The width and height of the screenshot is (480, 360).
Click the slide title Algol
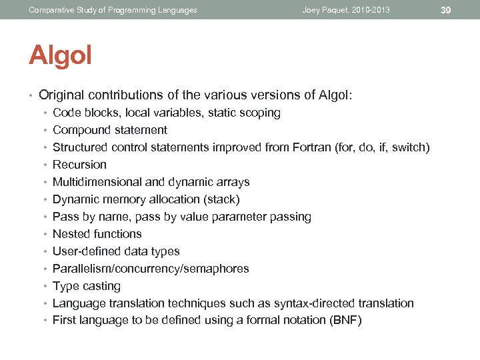click(60, 56)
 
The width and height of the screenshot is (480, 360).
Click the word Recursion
click(79, 165)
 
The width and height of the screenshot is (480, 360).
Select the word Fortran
click(313, 147)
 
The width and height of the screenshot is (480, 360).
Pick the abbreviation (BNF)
click(345, 321)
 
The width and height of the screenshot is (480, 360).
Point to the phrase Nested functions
click(97, 234)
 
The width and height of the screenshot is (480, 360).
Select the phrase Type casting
click(87, 286)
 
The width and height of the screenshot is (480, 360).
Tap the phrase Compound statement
click(110, 130)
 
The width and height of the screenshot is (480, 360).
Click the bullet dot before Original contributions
click(31, 95)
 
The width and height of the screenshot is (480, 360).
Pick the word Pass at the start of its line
click(65, 217)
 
